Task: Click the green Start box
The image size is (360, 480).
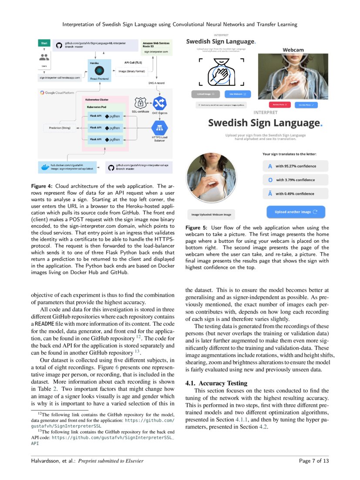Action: coord(44,44)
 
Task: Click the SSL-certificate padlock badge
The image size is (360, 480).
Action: coord(141,103)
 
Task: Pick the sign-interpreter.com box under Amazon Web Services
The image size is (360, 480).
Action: coord(156,51)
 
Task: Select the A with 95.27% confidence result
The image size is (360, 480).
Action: coord(294,166)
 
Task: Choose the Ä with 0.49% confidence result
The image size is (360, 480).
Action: coord(294,194)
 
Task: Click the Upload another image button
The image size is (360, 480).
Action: coord(296,212)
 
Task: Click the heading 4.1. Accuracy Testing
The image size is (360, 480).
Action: coord(216,383)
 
